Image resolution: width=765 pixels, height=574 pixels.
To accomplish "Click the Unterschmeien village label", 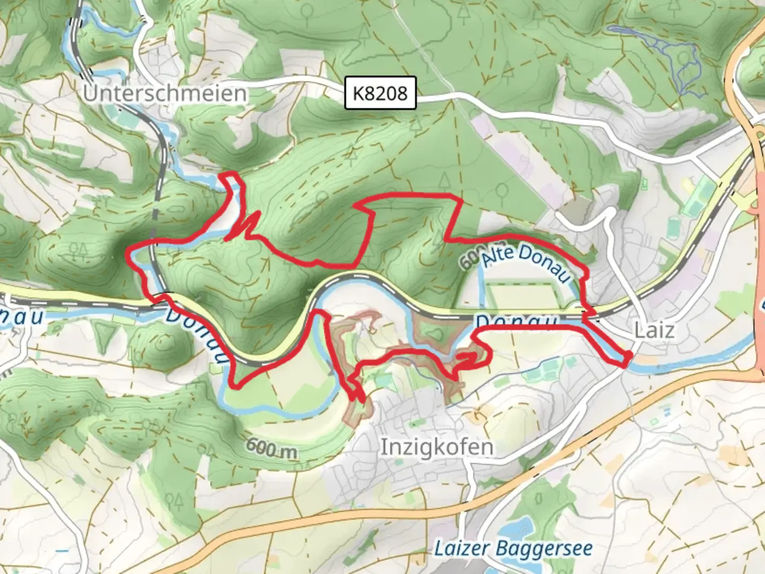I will click(x=165, y=94).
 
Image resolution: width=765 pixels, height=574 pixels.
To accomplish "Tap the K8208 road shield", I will click(x=380, y=94).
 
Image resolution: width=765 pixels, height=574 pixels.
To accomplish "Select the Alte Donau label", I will click(x=526, y=261).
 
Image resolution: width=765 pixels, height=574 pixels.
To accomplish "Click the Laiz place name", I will click(x=654, y=331).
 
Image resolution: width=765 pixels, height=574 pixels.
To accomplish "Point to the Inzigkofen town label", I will click(x=437, y=447).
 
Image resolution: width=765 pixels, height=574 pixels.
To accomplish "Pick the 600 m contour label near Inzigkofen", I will click(x=271, y=449).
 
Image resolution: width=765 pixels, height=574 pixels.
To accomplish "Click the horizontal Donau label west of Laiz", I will click(x=515, y=322).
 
